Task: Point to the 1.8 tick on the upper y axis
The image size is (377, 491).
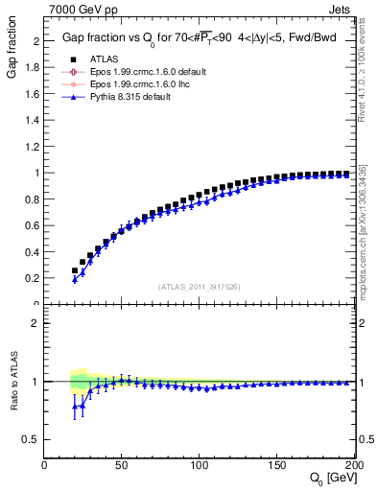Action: click(x=34, y=68)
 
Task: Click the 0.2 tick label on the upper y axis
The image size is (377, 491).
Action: click(x=34, y=278)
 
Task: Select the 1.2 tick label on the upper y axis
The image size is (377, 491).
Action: click(x=34, y=147)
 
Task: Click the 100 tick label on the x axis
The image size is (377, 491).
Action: click(x=200, y=464)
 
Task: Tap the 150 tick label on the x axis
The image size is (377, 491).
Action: click(x=277, y=464)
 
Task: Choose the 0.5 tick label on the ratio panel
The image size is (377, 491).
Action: click(x=33, y=439)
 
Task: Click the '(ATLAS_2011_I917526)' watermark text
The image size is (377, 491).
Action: click(x=199, y=286)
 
